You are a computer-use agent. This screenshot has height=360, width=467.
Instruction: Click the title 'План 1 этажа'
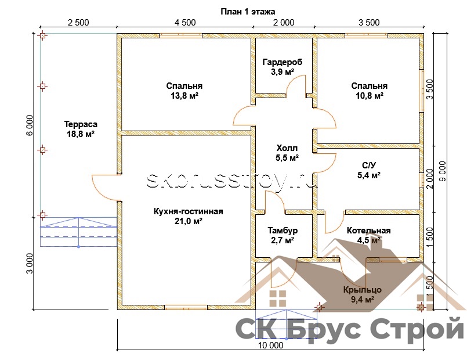pyautogui.click(x=248, y=12)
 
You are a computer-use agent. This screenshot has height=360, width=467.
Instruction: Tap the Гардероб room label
pyautogui.click(x=283, y=62)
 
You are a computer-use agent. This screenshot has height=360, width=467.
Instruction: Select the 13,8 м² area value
pyautogui.click(x=184, y=96)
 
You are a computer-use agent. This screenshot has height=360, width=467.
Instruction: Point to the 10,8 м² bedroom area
pyautogui.click(x=370, y=96)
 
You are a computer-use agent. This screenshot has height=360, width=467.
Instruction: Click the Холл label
pyautogui.click(x=287, y=148)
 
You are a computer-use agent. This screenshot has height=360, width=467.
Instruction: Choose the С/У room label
pyautogui.click(x=369, y=165)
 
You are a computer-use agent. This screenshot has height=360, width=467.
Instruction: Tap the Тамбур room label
pyautogui.click(x=283, y=231)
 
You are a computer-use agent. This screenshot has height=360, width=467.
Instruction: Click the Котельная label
pyautogui.click(x=369, y=231)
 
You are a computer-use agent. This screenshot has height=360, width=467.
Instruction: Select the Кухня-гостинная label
pyautogui.click(x=188, y=211)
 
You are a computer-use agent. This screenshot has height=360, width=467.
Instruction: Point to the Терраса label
pyautogui.click(x=81, y=124)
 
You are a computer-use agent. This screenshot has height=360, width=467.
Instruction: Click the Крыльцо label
pyautogui.click(x=363, y=290)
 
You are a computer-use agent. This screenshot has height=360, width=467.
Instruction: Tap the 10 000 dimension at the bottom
pyautogui.click(x=271, y=345)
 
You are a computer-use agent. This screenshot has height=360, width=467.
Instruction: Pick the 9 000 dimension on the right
pyautogui.click(x=443, y=171)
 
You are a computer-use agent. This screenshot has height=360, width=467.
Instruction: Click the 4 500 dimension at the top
pyautogui.click(x=185, y=23)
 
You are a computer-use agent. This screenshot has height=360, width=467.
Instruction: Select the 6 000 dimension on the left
pyautogui.click(x=30, y=125)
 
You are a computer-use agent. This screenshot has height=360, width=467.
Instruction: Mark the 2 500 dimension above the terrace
pyautogui.click(x=78, y=23)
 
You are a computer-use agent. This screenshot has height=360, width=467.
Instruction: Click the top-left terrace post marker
pyautogui.click(x=42, y=36)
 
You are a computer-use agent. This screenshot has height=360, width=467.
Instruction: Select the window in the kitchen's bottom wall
pyautogui.click(x=186, y=307)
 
